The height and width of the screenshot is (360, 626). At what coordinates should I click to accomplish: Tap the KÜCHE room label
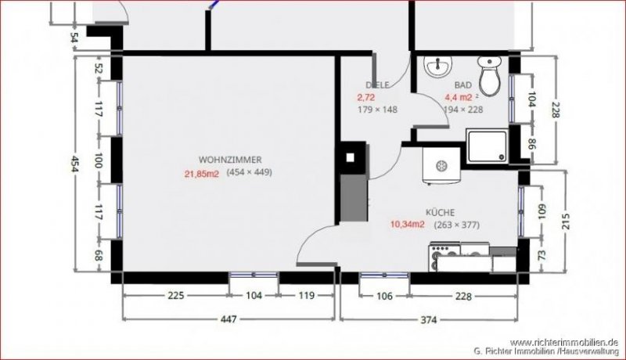click(440, 211)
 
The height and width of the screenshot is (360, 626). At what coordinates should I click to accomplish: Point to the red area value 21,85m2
click(201, 173)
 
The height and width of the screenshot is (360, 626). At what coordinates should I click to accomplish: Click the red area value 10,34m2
click(407, 225)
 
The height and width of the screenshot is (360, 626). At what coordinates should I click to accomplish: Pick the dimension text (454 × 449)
click(249, 172)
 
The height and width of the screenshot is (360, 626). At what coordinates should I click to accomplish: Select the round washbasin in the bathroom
click(436, 67)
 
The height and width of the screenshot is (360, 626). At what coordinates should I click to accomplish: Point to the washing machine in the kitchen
click(438, 166)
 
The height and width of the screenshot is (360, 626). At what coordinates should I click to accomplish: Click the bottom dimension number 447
click(227, 319)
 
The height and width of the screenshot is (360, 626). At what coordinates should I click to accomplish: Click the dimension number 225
click(175, 296)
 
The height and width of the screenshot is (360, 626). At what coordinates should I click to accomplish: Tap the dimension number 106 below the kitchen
click(383, 296)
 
